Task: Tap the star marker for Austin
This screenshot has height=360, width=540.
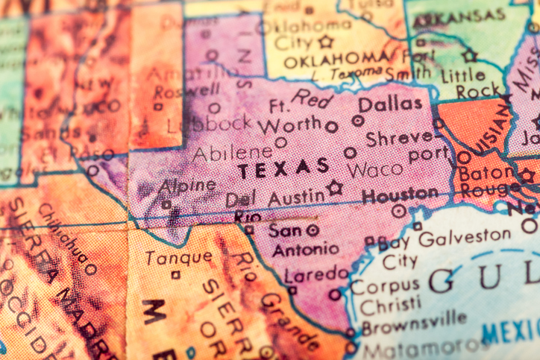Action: [336, 188]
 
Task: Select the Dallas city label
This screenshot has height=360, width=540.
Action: [390, 104]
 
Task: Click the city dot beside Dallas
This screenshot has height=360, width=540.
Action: [358, 121]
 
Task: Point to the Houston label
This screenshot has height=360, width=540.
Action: [400, 195]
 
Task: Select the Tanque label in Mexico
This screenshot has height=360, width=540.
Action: [178, 257]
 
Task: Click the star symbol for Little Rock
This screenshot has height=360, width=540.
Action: [469, 55]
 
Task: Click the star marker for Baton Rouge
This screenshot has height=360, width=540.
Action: [527, 175]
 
